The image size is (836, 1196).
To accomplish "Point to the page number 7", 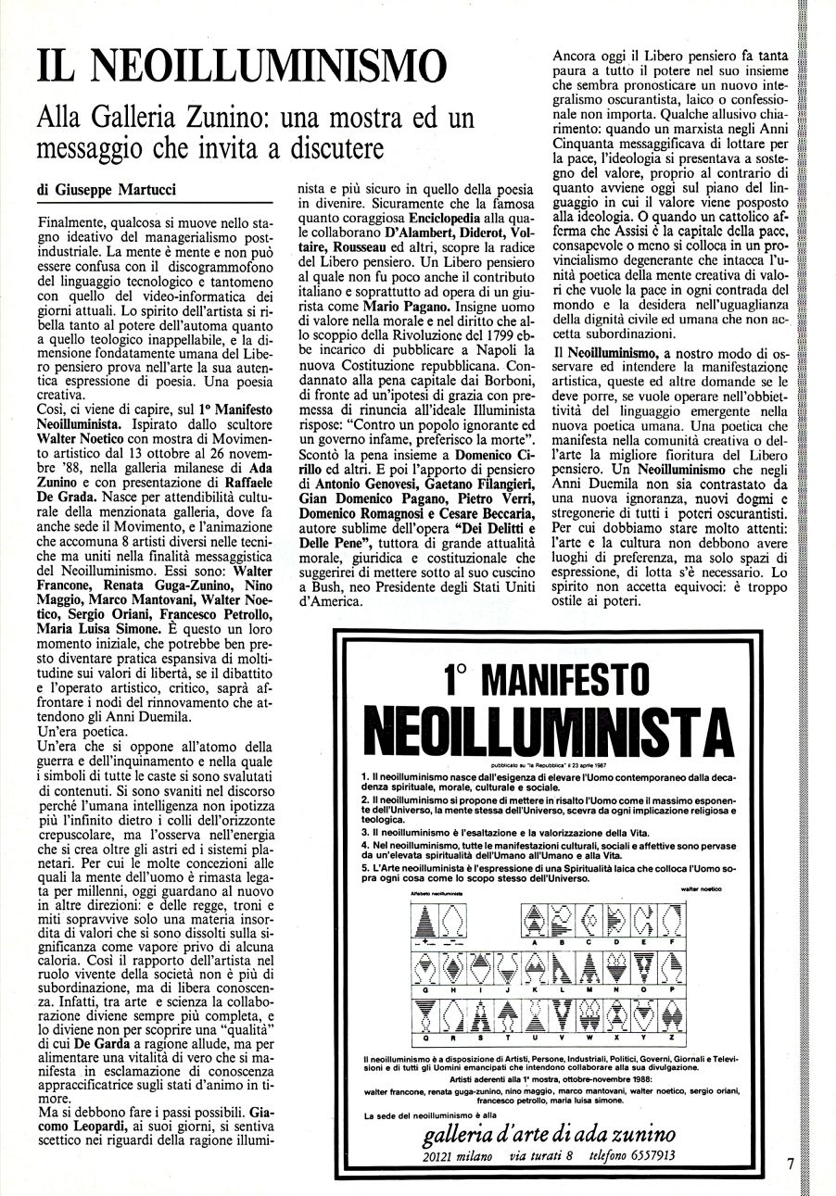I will [x=791, y=1166].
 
